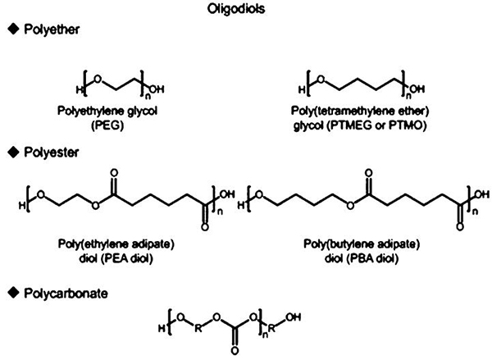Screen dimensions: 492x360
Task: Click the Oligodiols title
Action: click(236, 9)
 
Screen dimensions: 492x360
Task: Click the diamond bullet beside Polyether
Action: click(13, 30)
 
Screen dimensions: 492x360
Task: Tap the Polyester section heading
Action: click(51, 153)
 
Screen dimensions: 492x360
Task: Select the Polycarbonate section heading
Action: click(66, 294)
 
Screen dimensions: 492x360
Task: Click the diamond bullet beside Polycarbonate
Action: click(13, 293)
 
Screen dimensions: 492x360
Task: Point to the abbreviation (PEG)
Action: click(107, 125)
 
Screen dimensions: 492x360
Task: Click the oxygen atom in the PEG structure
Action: click(98, 80)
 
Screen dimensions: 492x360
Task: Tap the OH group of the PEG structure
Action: click(156, 89)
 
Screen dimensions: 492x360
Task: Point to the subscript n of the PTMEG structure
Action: click(408, 94)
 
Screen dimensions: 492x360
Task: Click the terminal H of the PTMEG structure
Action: click(301, 90)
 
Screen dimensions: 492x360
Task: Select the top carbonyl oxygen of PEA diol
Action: click(114, 173)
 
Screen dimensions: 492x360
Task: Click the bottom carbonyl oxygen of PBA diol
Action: click(460, 226)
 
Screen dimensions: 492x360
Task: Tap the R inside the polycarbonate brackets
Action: click(198, 329)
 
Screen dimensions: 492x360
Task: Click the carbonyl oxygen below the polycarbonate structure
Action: click(235, 351)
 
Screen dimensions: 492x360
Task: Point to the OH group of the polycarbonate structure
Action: click(293, 317)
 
